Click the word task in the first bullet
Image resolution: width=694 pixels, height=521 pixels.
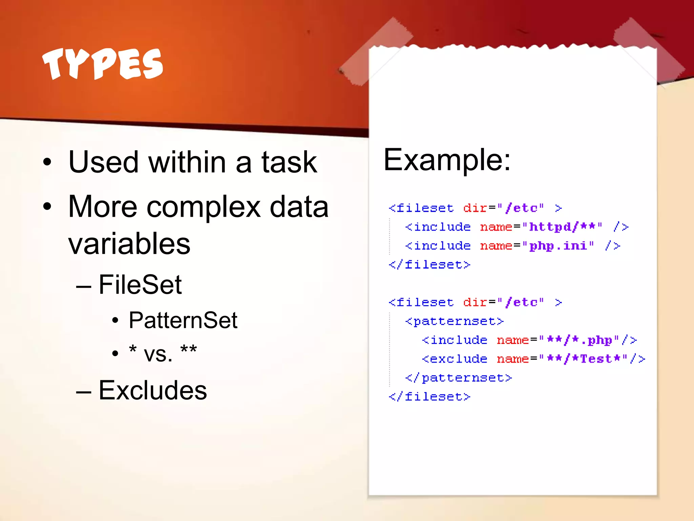(x=289, y=162)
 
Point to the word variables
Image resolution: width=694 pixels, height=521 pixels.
(x=129, y=244)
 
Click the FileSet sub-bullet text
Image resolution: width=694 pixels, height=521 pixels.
(x=140, y=284)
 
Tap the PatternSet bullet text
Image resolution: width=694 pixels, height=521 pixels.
(x=183, y=320)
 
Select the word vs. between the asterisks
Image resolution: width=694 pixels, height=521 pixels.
(x=158, y=353)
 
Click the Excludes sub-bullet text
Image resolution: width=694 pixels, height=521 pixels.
(x=152, y=390)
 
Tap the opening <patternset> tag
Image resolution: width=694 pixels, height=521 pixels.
(x=454, y=321)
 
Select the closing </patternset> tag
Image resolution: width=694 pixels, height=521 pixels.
(x=458, y=378)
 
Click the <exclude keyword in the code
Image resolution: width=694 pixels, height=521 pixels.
(x=454, y=359)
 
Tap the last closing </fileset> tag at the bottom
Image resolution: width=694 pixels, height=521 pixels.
(x=429, y=396)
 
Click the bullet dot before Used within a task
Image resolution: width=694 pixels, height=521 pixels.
(x=47, y=162)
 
